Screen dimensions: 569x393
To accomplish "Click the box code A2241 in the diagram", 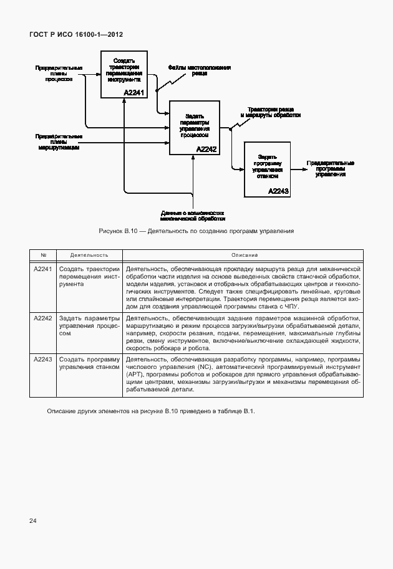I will (x=133, y=93).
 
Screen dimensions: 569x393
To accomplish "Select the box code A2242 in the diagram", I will (x=206, y=150).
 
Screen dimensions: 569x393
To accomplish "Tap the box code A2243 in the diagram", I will (x=278, y=191).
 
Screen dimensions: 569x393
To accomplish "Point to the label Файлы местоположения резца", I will (x=200, y=70).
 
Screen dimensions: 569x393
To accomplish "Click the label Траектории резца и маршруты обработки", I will (x=274, y=112).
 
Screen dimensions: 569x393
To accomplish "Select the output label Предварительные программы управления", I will (x=330, y=169).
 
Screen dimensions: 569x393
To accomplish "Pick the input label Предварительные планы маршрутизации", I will (x=59, y=141).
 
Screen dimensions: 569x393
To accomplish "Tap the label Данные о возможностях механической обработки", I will (x=192, y=216).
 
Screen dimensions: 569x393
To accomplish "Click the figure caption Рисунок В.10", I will (x=196, y=231).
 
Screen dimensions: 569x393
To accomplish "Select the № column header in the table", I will (x=44, y=255).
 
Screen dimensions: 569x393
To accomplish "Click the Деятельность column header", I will (x=89, y=255).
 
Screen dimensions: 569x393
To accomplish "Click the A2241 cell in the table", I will (x=43, y=268).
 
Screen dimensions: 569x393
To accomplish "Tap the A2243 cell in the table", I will (x=43, y=360).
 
